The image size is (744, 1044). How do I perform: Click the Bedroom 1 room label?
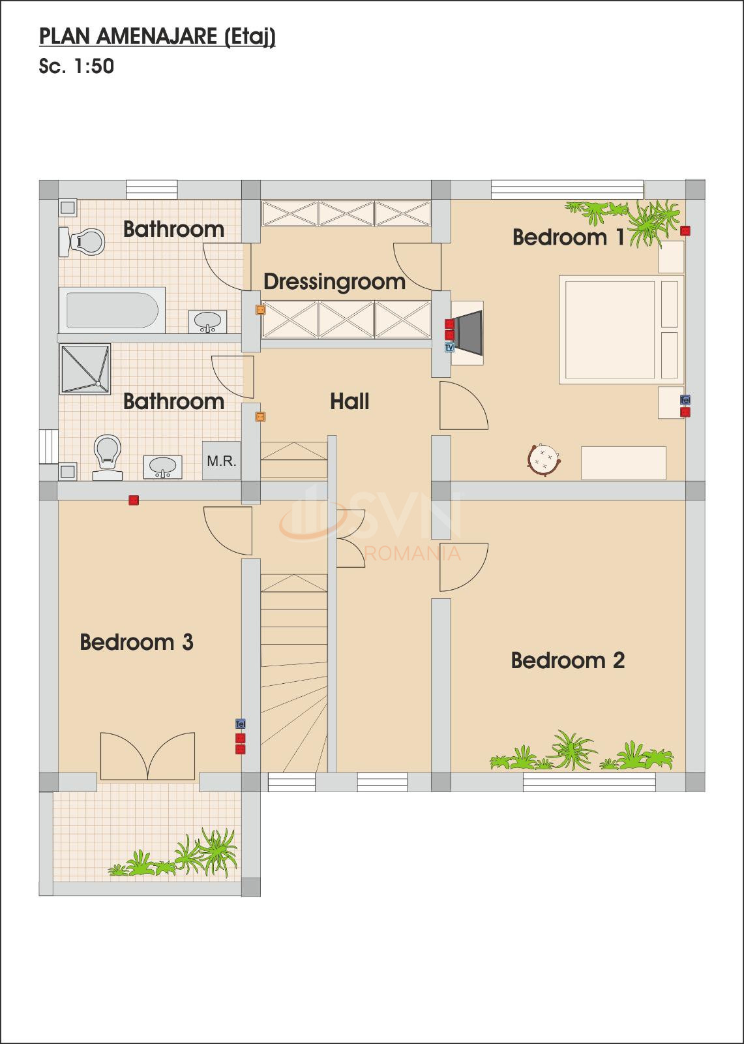point(568,237)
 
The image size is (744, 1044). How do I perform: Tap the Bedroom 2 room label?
point(567,660)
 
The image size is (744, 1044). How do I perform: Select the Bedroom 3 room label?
point(136,642)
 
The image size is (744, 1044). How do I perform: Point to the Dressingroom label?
point(335,281)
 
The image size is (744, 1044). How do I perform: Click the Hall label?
point(350,401)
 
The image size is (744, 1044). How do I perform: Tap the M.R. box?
point(221,461)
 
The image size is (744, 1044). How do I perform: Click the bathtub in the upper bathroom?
point(112,310)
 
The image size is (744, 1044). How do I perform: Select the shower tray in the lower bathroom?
point(85,369)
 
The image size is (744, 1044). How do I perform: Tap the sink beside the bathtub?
point(208,321)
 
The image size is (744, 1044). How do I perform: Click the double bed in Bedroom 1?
point(619,330)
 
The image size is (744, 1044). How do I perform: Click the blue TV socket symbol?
point(449,348)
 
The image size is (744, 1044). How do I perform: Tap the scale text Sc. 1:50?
point(76,67)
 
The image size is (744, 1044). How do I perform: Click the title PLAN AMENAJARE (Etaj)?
point(157,37)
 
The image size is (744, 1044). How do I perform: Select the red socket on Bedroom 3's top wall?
point(134,500)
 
